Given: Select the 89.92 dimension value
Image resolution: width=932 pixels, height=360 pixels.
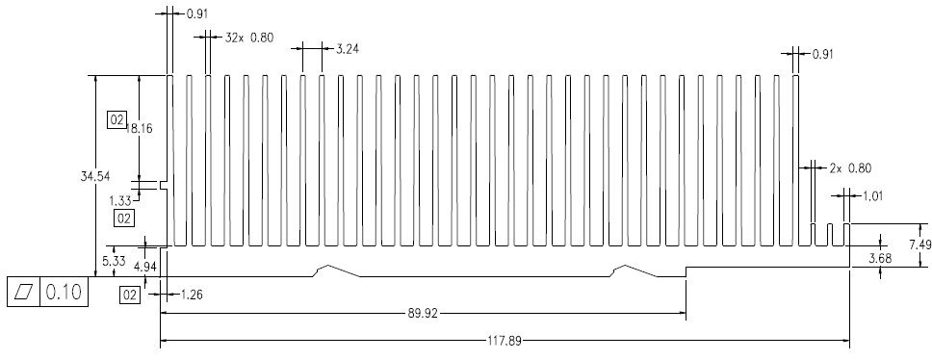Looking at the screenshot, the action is (x=423, y=313).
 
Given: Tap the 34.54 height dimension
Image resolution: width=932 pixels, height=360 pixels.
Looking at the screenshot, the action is (x=95, y=176).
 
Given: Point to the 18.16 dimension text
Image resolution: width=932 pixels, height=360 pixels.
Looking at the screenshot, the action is (x=139, y=128).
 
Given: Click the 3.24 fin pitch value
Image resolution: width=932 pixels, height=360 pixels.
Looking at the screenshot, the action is (x=348, y=49).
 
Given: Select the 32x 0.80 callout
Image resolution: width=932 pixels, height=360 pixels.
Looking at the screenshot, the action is (x=249, y=38).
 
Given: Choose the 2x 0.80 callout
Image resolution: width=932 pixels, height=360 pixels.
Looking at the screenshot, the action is (x=850, y=168).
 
